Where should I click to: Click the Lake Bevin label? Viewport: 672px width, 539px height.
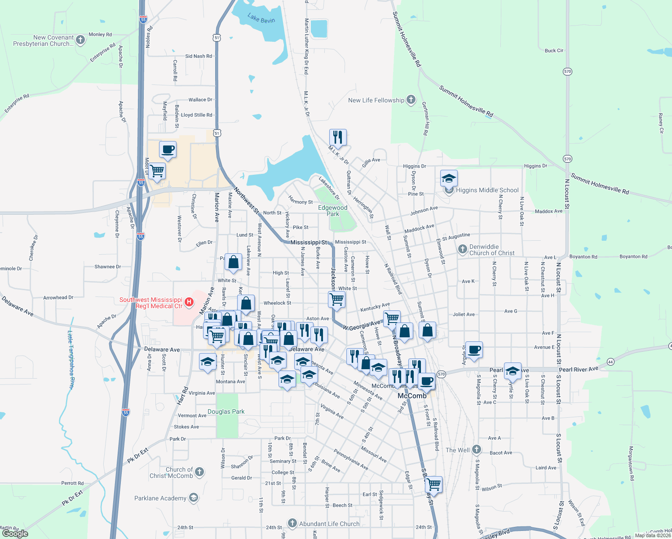(261, 18)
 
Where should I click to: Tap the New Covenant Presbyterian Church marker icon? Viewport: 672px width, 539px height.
(80, 40)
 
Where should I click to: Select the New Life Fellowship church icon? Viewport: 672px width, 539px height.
(411, 100)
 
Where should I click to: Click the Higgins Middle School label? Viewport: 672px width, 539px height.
(487, 190)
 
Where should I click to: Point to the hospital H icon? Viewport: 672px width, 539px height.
(189, 302)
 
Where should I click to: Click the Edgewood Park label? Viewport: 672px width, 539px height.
(333, 211)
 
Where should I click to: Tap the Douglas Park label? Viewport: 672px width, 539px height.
(226, 411)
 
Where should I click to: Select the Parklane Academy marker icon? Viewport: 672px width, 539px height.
(193, 498)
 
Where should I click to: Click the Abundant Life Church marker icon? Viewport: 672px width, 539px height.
(292, 523)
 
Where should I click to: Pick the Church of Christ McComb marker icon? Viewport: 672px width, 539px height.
(199, 472)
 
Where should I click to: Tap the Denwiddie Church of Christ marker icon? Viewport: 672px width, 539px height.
(463, 249)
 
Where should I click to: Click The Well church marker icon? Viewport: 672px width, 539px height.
(477, 450)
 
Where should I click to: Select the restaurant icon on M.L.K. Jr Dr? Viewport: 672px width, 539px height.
(338, 137)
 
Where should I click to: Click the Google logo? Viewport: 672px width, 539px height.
(15, 533)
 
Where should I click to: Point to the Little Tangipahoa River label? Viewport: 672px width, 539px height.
(71, 359)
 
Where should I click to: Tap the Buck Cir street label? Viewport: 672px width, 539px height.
(554, 51)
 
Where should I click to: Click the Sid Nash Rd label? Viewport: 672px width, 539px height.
(199, 56)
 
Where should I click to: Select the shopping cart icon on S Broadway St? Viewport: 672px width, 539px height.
(433, 484)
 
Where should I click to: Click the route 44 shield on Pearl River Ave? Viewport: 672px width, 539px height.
(610, 362)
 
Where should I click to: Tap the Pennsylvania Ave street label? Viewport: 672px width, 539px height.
(351, 460)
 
